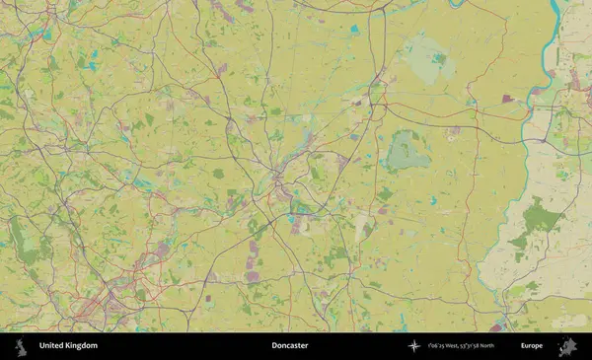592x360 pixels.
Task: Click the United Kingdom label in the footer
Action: (68, 346)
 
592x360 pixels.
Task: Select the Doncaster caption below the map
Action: (290, 346)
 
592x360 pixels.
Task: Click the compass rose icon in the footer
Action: (414, 346)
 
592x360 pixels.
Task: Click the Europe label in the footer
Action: (532, 346)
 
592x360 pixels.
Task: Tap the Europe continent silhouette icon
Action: (566, 346)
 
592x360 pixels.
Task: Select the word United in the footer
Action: (50, 346)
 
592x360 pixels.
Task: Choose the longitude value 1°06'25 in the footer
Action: (435, 346)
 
